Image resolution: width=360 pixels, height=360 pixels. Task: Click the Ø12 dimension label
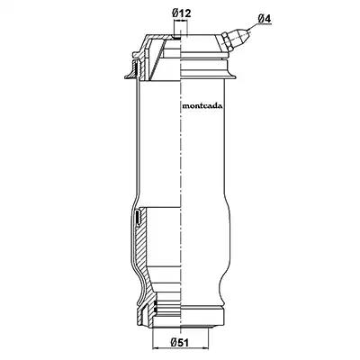pos(182,13)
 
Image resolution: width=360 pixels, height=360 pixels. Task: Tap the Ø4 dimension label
pos(265,18)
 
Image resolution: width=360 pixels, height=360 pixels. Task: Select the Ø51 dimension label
pos(180,342)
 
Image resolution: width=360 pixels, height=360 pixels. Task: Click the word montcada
pos(202,106)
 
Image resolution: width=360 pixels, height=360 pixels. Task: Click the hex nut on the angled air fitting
pos(226,42)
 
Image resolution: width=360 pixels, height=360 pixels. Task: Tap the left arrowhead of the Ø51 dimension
pos(156,348)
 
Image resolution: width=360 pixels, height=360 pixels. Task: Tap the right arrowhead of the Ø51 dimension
pos(204,348)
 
